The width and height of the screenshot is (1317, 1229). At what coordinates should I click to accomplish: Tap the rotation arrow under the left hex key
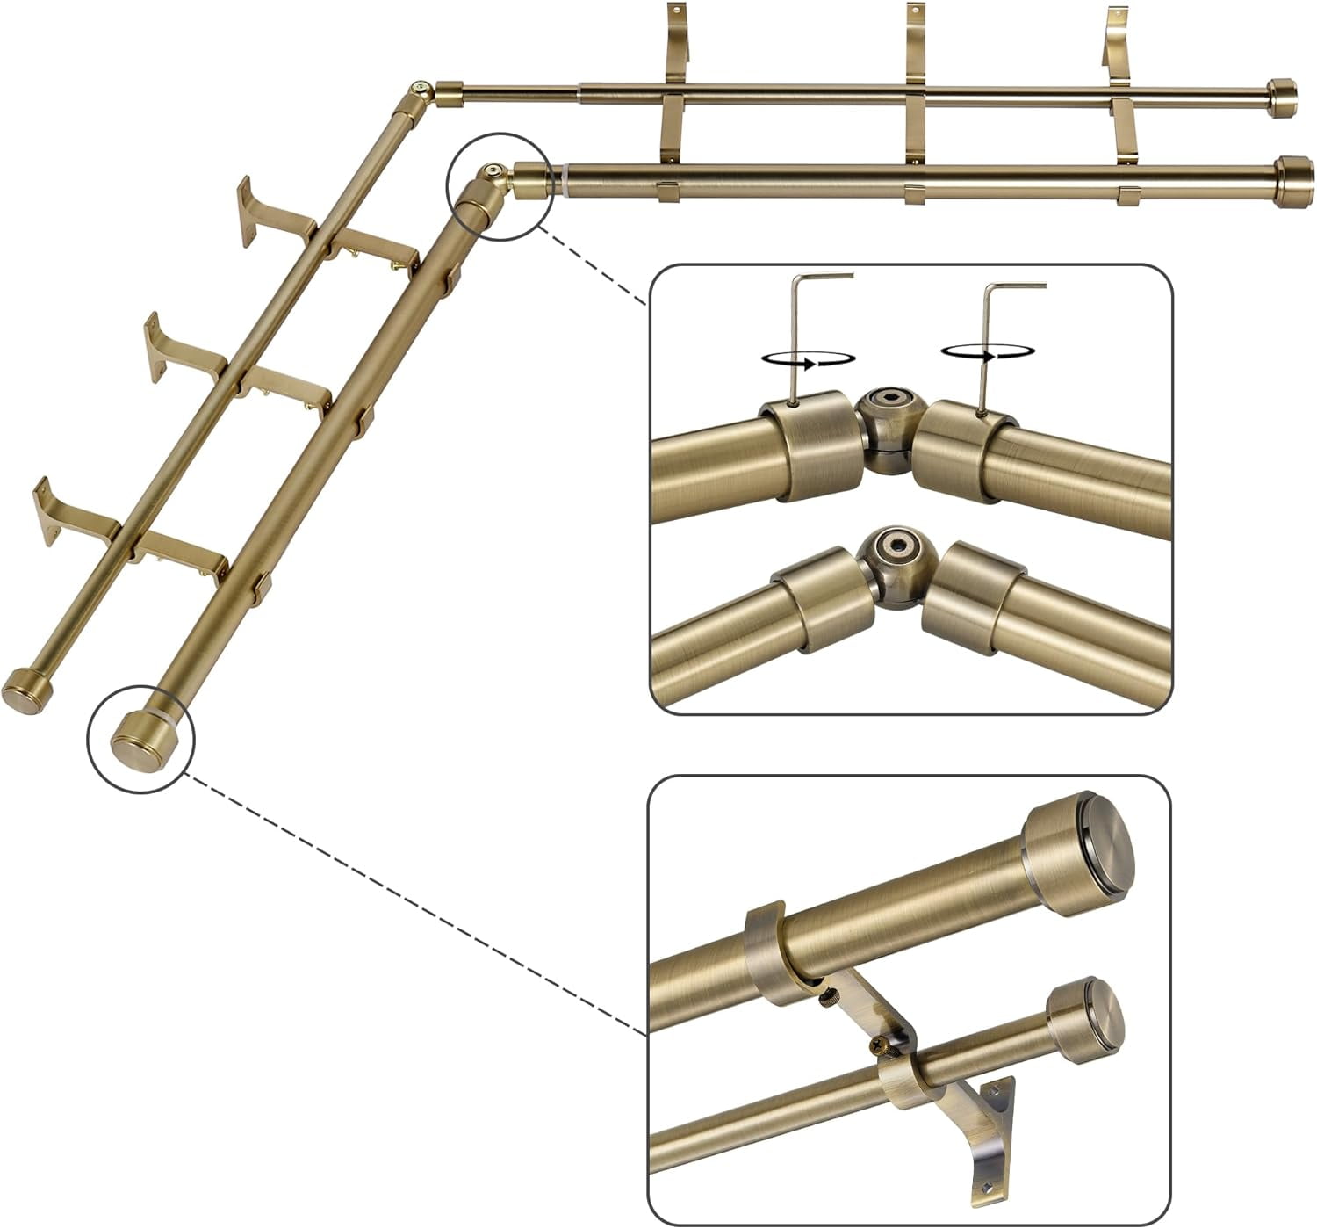click(809, 358)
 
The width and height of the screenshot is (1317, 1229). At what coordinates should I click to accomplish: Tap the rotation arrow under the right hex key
click(984, 351)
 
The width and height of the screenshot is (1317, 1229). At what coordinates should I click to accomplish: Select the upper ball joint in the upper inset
click(890, 422)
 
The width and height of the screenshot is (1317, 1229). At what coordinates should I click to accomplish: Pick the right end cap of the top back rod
click(1283, 94)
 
